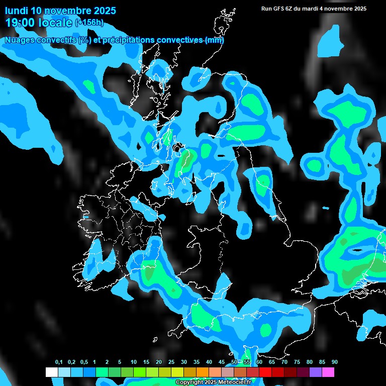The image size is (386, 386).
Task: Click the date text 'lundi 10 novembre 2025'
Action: pyautogui.click(x=60, y=11)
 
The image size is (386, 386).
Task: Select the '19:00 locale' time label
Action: pyautogui.click(x=39, y=23)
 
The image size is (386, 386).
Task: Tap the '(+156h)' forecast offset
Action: pyautogui.click(x=89, y=23)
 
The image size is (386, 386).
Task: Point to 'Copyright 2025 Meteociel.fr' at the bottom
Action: pyautogui.click(x=213, y=382)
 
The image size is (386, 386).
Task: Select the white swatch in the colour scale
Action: pyautogui.click(x=52, y=372)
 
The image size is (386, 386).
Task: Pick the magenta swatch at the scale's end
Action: pyautogui.click(x=328, y=372)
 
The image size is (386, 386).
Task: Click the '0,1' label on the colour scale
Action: pyautogui.click(x=59, y=362)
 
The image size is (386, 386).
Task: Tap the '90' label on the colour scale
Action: pyautogui.click(x=335, y=362)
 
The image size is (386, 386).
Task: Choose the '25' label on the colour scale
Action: pyautogui.click(x=171, y=362)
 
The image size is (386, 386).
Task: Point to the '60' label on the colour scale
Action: pyautogui.click(x=259, y=362)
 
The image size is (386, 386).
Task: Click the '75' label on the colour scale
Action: pyautogui.click(x=297, y=362)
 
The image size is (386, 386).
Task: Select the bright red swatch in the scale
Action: pyautogui.click(x=265, y=372)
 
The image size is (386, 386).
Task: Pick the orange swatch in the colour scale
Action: pyautogui.click(x=203, y=372)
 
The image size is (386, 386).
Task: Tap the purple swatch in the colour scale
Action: pyautogui.click(x=316, y=372)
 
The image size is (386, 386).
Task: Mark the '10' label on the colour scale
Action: pyautogui.click(x=134, y=362)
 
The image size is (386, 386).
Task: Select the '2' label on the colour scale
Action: pyautogui.click(x=107, y=362)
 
